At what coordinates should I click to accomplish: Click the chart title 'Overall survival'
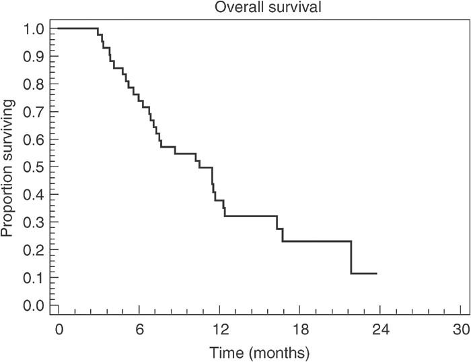259,7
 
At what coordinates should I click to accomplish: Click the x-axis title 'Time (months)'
259,352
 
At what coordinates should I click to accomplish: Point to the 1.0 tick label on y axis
34,29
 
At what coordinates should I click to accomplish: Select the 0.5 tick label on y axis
34,167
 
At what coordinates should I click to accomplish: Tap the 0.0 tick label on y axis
34,305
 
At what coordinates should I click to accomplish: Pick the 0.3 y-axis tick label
34,222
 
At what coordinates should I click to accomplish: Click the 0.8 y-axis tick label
34,84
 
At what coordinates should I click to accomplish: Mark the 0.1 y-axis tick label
34,278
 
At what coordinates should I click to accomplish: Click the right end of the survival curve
376,274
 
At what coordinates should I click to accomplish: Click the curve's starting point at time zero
59,28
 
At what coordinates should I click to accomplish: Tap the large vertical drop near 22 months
351,258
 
